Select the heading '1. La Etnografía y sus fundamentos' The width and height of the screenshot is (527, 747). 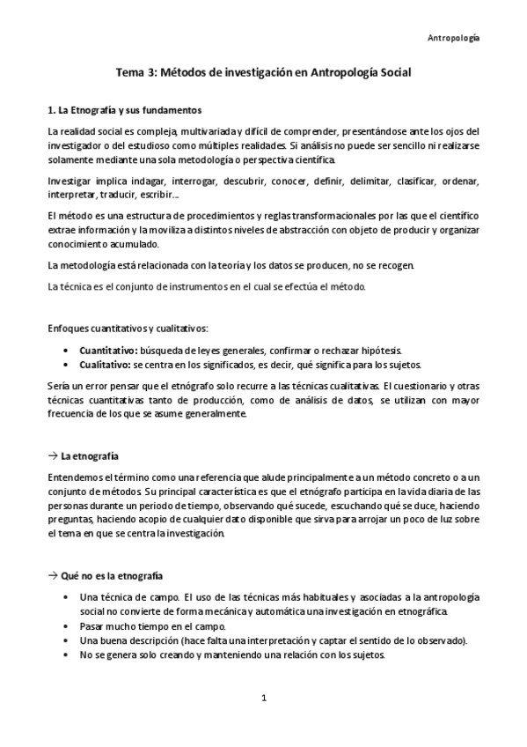[x=125, y=111]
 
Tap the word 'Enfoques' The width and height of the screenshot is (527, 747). [x=68, y=329]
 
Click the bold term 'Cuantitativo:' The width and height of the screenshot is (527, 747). [x=108, y=350]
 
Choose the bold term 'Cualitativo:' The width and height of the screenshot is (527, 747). [x=105, y=364]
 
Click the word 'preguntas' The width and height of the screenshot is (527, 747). [x=70, y=520]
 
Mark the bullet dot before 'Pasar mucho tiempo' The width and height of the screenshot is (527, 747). [x=69, y=625]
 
